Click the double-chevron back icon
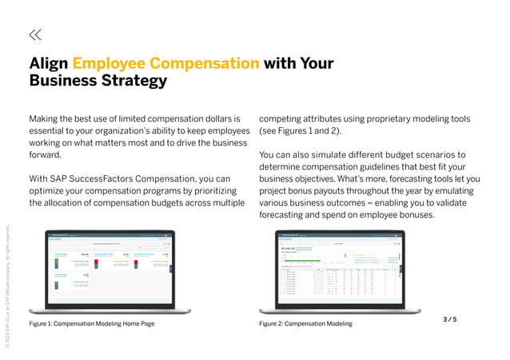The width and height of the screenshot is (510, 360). click(x=35, y=34)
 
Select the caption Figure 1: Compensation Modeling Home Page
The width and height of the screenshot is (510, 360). click(x=92, y=324)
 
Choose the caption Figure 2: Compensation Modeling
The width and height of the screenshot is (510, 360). click(x=305, y=324)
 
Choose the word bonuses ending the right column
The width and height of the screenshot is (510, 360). click(x=412, y=214)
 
